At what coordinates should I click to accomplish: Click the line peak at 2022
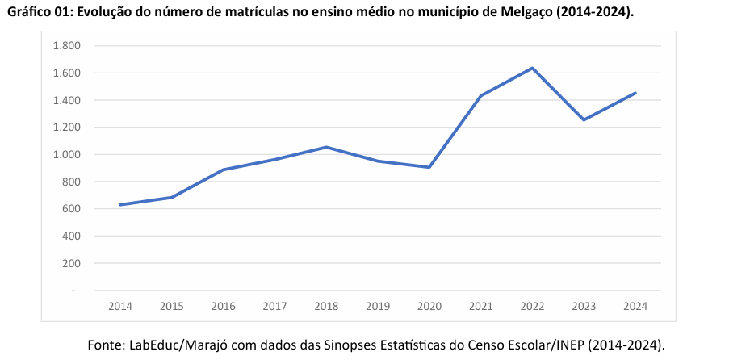(x=532, y=68)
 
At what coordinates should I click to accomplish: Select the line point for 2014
(x=120, y=205)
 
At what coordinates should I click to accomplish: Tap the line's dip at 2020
(x=429, y=167)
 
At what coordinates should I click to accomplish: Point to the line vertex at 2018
(x=326, y=147)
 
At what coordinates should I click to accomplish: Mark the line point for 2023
(x=584, y=119)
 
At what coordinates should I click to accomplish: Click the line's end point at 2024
(x=635, y=93)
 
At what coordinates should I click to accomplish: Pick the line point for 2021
(x=480, y=96)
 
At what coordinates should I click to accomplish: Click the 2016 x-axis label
(x=223, y=307)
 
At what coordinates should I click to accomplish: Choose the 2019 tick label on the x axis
(x=378, y=307)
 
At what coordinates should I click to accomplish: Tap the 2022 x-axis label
(x=532, y=307)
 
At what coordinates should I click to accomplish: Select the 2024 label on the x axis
(x=635, y=307)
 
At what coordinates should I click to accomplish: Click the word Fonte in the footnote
(x=106, y=345)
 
